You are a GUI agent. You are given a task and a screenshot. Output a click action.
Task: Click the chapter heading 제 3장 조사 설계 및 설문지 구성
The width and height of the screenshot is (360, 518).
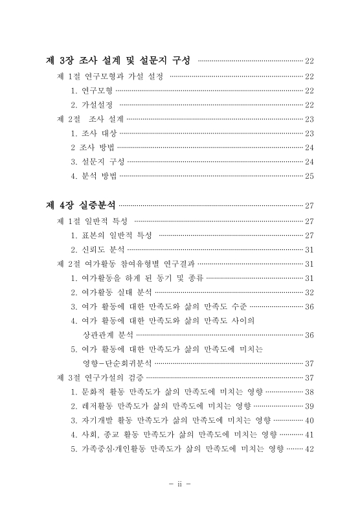[121, 61]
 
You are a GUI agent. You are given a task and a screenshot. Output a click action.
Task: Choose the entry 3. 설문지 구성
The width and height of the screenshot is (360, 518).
[98, 161]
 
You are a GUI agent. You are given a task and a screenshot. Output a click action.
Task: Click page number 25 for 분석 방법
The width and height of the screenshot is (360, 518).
[309, 175]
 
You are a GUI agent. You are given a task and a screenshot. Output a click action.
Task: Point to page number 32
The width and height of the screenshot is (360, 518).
[309, 292]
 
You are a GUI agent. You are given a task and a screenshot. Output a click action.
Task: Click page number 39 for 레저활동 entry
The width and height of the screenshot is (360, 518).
[309, 406]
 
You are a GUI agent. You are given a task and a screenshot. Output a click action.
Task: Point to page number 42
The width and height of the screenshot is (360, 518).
[309, 449]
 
